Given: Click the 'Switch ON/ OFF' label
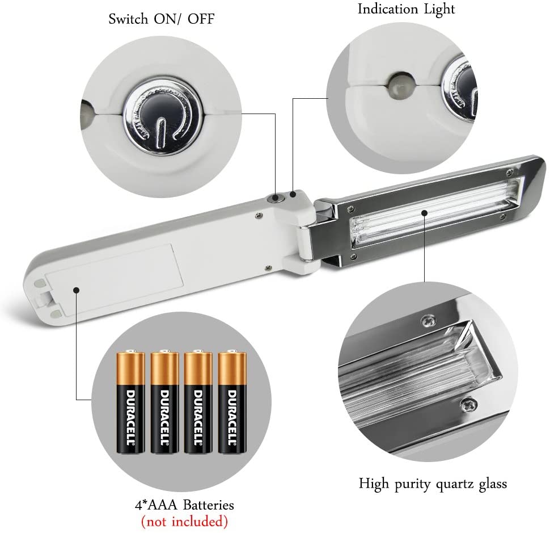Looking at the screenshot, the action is [x=162, y=19].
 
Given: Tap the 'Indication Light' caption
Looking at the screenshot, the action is [x=406, y=9].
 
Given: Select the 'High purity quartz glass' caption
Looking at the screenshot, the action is [x=433, y=484].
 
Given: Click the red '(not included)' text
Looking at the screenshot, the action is [x=184, y=521].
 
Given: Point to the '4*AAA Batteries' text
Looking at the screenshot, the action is [x=184, y=505].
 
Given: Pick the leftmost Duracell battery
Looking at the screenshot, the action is [x=131, y=402].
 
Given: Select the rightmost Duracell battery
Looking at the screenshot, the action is [x=232, y=402].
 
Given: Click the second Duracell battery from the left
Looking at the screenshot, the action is [x=164, y=402].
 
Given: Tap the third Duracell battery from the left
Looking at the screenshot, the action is [x=198, y=402].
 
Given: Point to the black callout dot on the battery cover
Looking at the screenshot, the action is [x=77, y=289].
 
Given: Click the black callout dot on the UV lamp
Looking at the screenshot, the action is [x=425, y=213].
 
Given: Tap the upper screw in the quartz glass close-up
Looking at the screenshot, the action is [x=429, y=321].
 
